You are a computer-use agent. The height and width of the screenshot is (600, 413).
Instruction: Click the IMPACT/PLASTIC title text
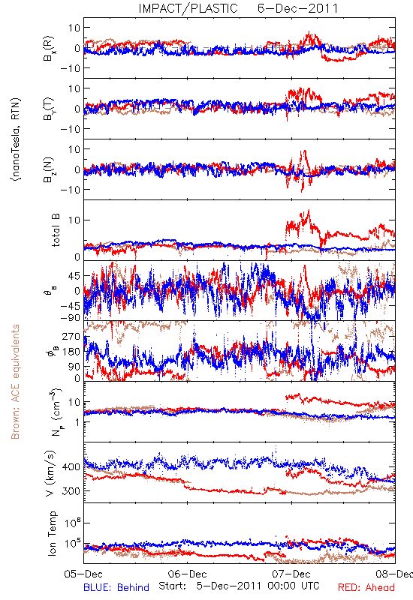click(188, 8)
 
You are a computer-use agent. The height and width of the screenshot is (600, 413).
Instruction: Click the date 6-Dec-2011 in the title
click(297, 8)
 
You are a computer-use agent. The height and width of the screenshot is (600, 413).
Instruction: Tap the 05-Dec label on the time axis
click(83, 574)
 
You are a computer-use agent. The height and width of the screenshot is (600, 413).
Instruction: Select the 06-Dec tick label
click(187, 574)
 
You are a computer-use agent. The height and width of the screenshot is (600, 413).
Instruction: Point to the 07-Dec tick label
click(291, 574)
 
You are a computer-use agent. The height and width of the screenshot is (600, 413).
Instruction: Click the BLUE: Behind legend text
click(116, 587)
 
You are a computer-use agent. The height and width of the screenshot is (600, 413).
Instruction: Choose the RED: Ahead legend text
click(366, 587)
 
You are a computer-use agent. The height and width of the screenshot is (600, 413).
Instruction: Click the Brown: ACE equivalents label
click(15, 382)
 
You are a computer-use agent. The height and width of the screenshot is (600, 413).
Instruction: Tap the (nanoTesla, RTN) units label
click(16, 139)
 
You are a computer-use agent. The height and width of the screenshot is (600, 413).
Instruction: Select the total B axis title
click(56, 230)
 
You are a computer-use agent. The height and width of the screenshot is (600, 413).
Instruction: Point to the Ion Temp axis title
click(52, 533)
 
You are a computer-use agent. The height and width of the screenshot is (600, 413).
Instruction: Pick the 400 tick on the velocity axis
click(71, 466)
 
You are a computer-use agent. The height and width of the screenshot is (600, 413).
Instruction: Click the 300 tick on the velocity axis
click(71, 491)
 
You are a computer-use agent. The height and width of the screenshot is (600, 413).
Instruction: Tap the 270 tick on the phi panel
click(71, 337)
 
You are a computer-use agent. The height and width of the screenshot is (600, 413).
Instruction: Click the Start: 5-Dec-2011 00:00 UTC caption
click(239, 586)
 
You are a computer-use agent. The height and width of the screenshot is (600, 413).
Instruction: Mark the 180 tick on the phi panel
click(71, 352)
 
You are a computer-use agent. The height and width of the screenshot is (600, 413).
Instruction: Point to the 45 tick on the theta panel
click(74, 276)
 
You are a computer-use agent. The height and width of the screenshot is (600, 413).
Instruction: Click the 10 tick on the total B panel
click(74, 220)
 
